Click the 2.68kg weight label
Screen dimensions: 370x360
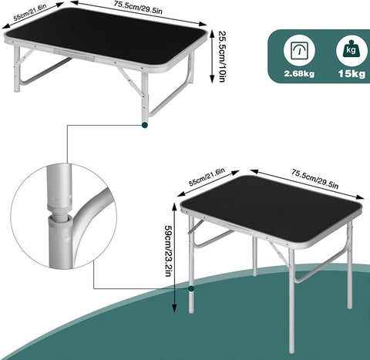coord(299,74)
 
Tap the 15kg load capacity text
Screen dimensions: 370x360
coord(351,74)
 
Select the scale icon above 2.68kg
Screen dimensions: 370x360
coord(299,50)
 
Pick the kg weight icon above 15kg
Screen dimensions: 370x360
coord(351,50)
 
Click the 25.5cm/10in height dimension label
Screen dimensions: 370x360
coord(223,56)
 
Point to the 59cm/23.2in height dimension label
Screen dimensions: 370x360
coord(168,251)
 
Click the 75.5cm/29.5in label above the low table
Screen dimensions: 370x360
coord(138,8)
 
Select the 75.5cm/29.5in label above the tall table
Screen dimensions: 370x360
coord(314,179)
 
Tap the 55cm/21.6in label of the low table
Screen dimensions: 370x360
coord(30,12)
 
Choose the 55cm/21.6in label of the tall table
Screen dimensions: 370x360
coord(207,177)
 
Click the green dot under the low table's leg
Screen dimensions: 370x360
coord(145,125)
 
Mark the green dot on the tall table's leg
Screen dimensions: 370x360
coord(191,288)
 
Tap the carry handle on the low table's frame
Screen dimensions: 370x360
coord(74,55)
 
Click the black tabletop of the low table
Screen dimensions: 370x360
coord(106,35)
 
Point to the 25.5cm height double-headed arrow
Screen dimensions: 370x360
coord(212,56)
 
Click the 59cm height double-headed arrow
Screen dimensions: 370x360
coord(175,257)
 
